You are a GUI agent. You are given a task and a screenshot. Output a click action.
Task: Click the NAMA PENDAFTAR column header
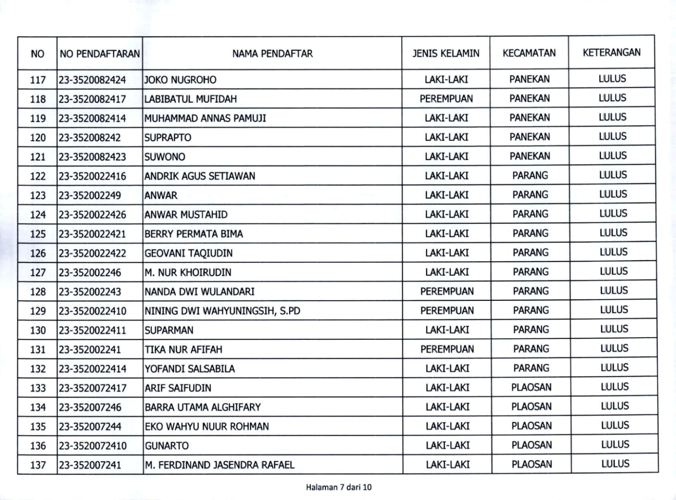click(272, 54)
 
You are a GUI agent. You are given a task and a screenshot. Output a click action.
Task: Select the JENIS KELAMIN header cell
click(446, 53)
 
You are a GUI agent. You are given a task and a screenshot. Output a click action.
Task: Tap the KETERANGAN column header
click(611, 52)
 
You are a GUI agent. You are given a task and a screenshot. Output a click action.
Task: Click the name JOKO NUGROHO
click(180, 80)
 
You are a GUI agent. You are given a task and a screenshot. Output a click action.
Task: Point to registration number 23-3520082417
click(92, 99)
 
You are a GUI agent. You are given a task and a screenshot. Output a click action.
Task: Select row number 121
click(38, 157)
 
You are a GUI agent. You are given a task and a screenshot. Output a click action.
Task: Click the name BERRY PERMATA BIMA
click(194, 234)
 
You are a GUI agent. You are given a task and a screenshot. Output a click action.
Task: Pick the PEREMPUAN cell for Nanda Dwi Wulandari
click(447, 291)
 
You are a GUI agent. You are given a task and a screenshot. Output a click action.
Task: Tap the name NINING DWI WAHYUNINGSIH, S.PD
click(222, 311)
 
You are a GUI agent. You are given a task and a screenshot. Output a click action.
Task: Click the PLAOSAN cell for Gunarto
click(531, 445)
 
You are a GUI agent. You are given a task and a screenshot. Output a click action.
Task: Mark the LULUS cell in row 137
click(615, 464)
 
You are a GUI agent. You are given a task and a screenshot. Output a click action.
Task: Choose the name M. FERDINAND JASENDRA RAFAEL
click(219, 465)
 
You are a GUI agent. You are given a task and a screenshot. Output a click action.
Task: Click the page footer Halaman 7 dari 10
click(339, 487)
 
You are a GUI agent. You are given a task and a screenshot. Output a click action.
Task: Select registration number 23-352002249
click(90, 195)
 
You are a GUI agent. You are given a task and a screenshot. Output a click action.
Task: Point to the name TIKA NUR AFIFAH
click(183, 349)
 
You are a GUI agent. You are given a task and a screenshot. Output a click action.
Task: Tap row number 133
click(38, 388)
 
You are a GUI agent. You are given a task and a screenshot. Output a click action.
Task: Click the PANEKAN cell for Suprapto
click(530, 137)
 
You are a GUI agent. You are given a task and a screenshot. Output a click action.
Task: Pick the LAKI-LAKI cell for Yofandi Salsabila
click(447, 368)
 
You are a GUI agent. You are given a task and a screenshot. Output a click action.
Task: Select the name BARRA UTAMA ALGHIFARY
click(203, 407)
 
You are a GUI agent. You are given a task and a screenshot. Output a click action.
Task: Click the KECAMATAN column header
click(529, 53)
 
